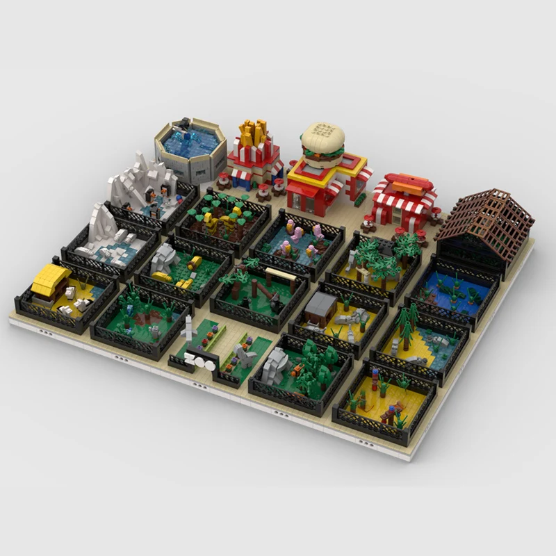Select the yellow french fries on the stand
tap(254, 132)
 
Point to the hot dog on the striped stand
tap(407, 183)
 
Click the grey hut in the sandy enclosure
tap(321, 304)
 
